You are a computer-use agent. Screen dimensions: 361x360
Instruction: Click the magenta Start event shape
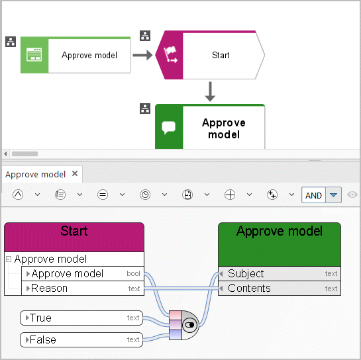(x=210, y=55)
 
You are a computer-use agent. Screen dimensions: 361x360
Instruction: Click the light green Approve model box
(x=76, y=55)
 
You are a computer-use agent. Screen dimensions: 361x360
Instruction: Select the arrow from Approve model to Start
(x=142, y=55)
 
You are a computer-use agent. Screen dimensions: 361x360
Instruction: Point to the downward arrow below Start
(x=210, y=91)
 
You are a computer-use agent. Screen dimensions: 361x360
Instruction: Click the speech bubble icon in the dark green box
(x=168, y=127)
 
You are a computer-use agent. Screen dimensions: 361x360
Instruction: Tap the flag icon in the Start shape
(x=171, y=54)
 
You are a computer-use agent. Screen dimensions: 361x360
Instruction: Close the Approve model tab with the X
(x=75, y=173)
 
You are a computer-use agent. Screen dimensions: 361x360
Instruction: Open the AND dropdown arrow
(x=333, y=195)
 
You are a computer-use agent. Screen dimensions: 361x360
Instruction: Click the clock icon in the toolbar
(x=145, y=195)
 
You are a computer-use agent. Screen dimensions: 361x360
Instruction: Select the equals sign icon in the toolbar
(x=103, y=195)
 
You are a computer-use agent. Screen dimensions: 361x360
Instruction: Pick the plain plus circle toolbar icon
(x=230, y=195)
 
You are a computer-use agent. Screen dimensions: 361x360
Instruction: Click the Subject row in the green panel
(x=280, y=273)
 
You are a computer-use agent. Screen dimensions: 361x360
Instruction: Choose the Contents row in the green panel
(x=280, y=289)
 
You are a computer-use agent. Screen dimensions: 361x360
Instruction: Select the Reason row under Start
(x=83, y=289)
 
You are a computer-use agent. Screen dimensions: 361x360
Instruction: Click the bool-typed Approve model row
(x=83, y=273)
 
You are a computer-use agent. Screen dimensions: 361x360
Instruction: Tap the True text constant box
(x=81, y=318)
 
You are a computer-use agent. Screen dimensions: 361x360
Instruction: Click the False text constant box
(x=81, y=339)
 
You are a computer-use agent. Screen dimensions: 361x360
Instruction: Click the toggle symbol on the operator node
(x=189, y=325)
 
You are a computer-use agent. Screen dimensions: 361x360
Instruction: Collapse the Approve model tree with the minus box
(x=9, y=259)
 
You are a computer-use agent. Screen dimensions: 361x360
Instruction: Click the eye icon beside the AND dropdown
(x=352, y=195)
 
